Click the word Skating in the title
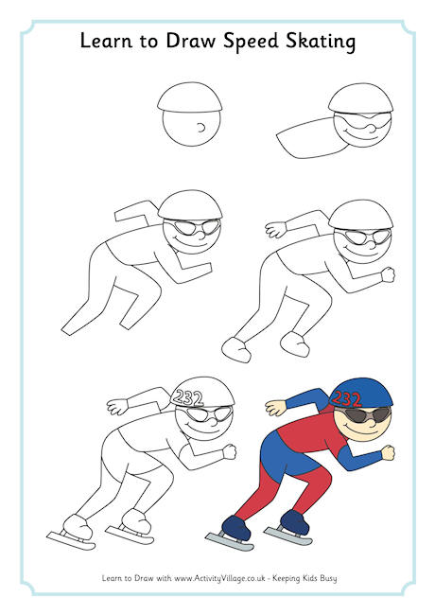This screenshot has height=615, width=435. (321, 42)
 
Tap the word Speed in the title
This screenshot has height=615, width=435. (251, 42)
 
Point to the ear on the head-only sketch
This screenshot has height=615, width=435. (201, 128)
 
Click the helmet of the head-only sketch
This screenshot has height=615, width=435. (190, 97)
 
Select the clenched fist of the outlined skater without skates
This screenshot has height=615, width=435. (389, 274)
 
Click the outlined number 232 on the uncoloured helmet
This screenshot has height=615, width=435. (187, 398)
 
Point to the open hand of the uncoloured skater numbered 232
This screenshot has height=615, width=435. (117, 407)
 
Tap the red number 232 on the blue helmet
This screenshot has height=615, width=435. (346, 399)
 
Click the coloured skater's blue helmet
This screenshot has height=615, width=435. (360, 393)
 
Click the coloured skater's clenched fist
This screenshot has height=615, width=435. (388, 452)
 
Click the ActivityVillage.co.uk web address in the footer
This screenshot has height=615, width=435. (220, 578)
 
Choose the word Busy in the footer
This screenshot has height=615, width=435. (328, 578)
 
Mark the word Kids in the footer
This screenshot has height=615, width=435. (309, 578)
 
